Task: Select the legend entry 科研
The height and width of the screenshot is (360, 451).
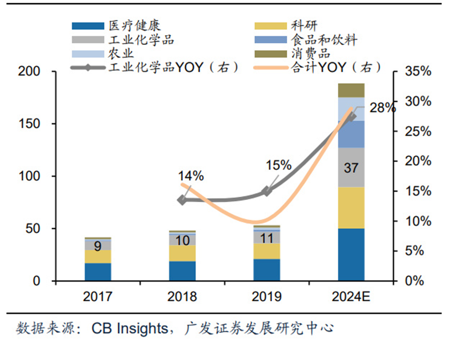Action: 304,26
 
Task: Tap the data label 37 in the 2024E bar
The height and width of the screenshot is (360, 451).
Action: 351,168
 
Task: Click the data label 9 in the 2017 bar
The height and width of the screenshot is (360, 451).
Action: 98,246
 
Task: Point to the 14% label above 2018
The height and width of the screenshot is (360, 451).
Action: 191,175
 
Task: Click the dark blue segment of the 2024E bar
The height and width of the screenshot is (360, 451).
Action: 351,254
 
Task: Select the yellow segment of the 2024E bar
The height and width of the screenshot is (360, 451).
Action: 351,208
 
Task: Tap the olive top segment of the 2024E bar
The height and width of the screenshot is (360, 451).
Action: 351,90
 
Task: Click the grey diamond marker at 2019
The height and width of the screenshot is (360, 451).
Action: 267,191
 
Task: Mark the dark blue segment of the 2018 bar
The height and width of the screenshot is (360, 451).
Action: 182,270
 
